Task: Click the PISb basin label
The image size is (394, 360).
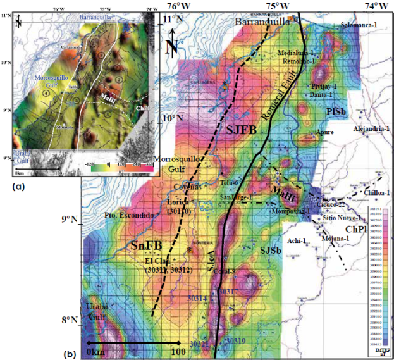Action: coord(335,112)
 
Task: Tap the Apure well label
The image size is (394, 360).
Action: coord(325,132)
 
